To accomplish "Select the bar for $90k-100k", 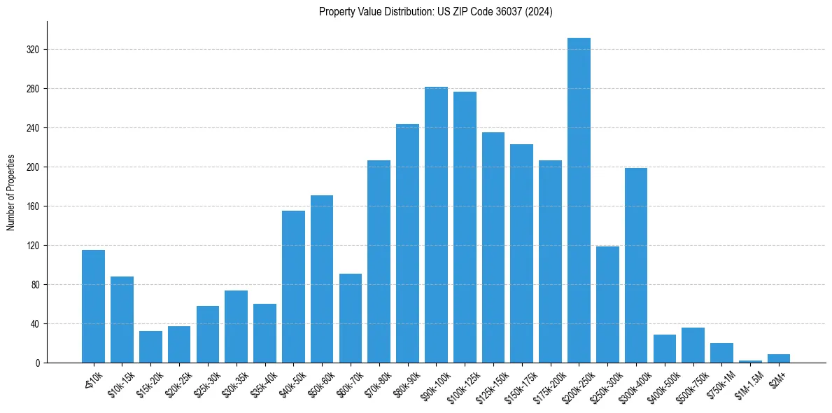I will (x=436, y=225).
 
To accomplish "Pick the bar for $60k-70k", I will (x=351, y=318).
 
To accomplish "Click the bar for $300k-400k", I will (x=636, y=265).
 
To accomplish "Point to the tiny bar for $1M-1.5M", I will (x=750, y=361).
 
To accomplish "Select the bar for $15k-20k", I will (x=150, y=346).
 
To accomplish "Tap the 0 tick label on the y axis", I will (x=38, y=363).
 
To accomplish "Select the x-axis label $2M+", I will (x=777, y=379).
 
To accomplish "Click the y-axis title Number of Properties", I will (x=10, y=192).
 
